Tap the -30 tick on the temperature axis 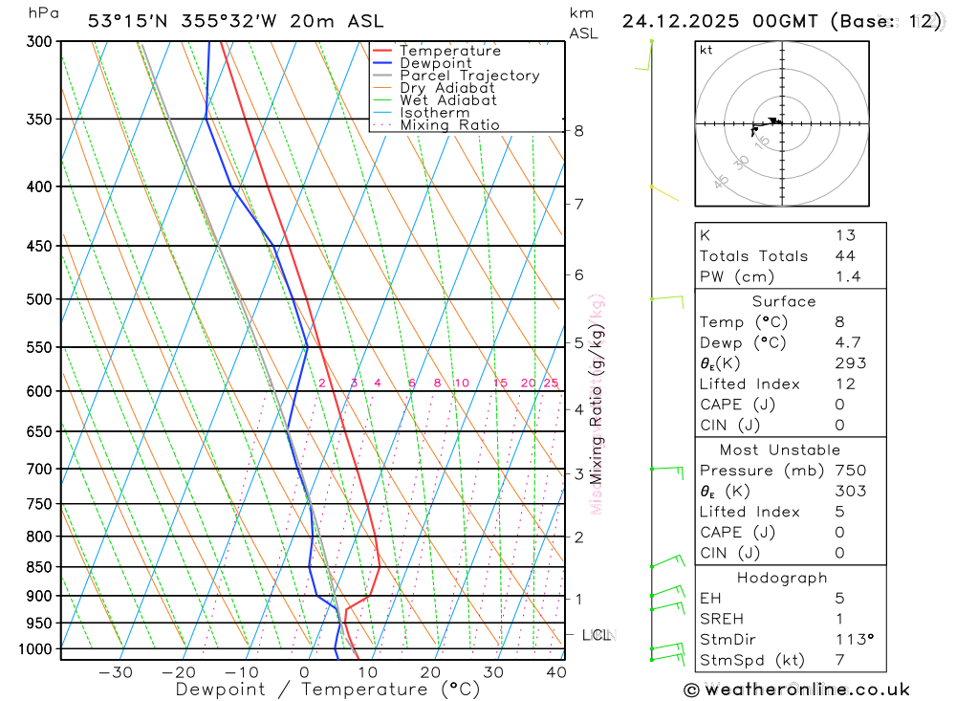click(115, 672)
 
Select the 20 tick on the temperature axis click(430, 672)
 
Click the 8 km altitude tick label click(579, 131)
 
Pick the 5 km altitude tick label click(579, 343)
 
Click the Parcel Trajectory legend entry click(469, 76)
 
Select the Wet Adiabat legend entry click(447, 100)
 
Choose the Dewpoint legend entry click(435, 63)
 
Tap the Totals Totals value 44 click(845, 256)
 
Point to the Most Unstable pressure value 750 click(850, 471)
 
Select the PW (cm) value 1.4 click(847, 277)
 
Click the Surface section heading click(784, 301)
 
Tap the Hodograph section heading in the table click(782, 578)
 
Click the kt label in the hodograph click(706, 51)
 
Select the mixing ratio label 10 click(461, 383)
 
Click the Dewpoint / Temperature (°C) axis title click(327, 690)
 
